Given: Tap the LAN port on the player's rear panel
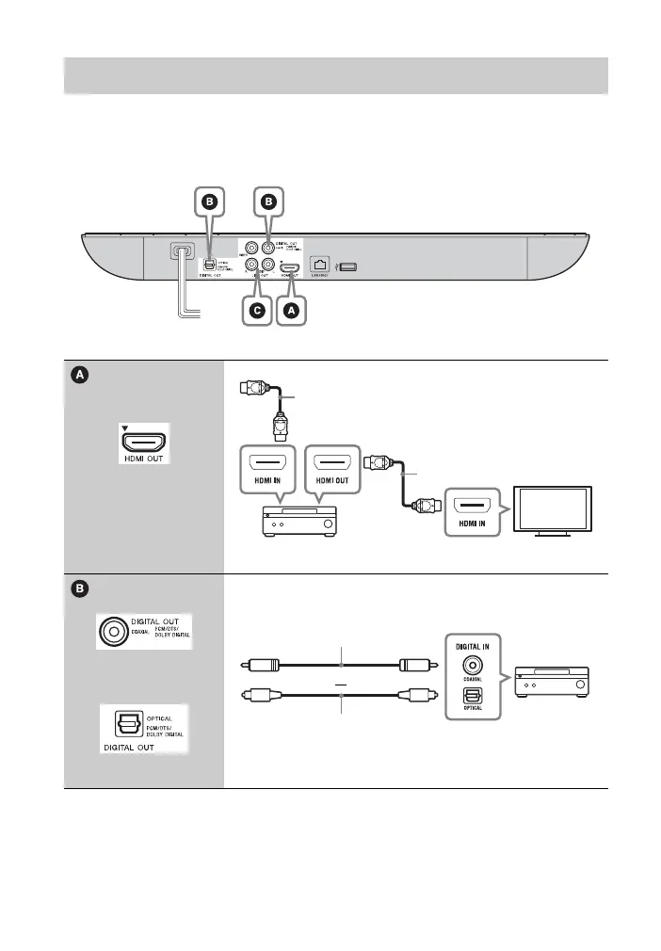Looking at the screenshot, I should (x=318, y=267).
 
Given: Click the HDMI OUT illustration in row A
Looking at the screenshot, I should (x=145, y=443).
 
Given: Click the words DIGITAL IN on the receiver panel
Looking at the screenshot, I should (x=473, y=649).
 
